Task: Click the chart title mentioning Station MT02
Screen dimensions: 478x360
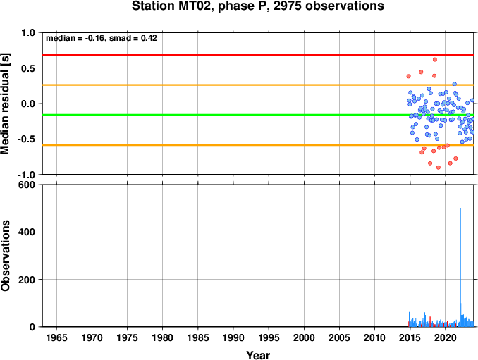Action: pyautogui.click(x=257, y=6)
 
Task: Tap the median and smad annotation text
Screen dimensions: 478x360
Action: pyautogui.click(x=102, y=38)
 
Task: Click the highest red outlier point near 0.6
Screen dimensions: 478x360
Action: pyautogui.click(x=435, y=59)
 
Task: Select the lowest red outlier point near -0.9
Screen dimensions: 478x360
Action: pyautogui.click(x=439, y=167)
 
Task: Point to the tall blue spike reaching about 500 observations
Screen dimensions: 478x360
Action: pyautogui.click(x=460, y=267)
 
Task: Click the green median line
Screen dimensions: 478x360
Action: pyautogui.click(x=258, y=115)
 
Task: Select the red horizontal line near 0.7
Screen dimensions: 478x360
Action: pyautogui.click(x=258, y=55)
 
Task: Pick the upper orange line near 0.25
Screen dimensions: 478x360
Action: pyautogui.click(x=258, y=85)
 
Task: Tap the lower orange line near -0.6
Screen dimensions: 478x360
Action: pyautogui.click(x=258, y=145)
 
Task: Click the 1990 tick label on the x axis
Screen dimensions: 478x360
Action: pyautogui.click(x=233, y=337)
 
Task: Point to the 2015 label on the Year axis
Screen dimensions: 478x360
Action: pyautogui.click(x=410, y=337)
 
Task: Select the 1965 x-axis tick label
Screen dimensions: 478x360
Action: pyautogui.click(x=56, y=337)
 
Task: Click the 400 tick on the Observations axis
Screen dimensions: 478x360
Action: pyautogui.click(x=27, y=232)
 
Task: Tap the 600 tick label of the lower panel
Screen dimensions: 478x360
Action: pyautogui.click(x=27, y=185)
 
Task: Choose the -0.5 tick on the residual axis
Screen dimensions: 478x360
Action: pyautogui.click(x=27, y=139)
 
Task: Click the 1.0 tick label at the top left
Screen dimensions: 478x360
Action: pyautogui.click(x=28, y=32)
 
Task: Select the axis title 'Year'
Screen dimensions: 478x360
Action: pyautogui.click(x=258, y=355)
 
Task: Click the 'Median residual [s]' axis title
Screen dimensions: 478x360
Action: pyautogui.click(x=5, y=104)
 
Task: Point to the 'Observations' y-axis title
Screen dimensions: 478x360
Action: pyautogui.click(x=5, y=256)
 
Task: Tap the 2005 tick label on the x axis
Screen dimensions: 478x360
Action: pyautogui.click(x=339, y=337)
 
